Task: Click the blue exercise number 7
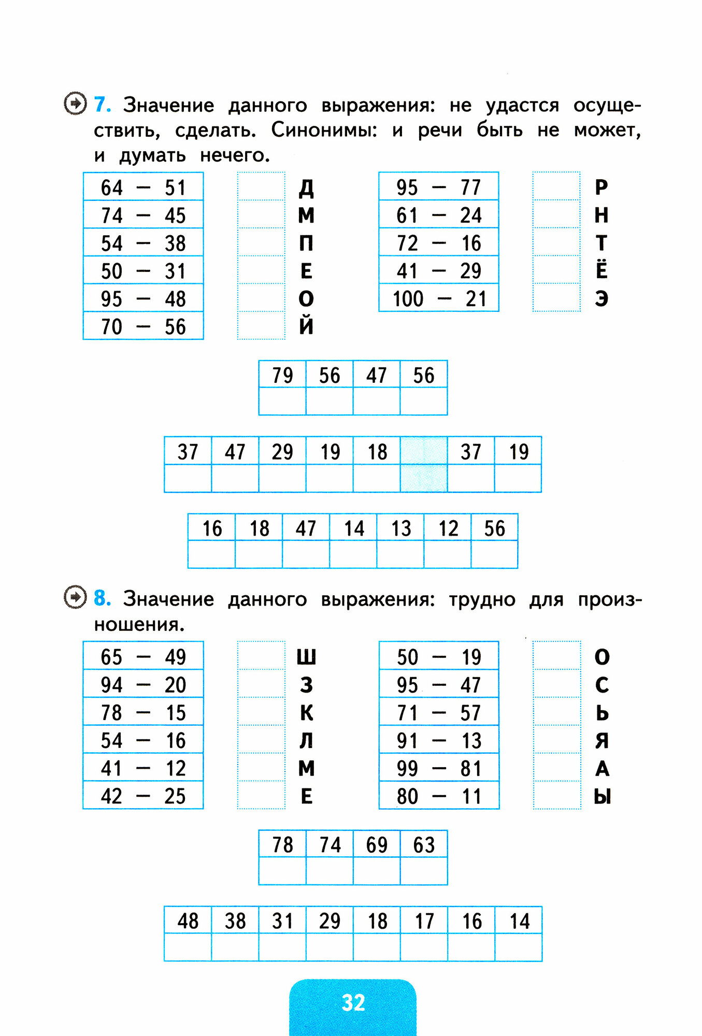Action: pyautogui.click(x=102, y=105)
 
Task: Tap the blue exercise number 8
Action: pyautogui.click(x=102, y=598)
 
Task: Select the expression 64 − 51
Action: pyautogui.click(x=143, y=188)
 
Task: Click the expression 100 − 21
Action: pyautogui.click(x=439, y=299)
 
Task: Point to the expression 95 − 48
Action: pyautogui.click(x=143, y=299)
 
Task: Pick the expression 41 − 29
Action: pyautogui.click(x=439, y=271)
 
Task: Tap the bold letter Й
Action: pyautogui.click(x=306, y=326)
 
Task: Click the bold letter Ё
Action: pyautogui.click(x=601, y=269)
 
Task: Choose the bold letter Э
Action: pyautogui.click(x=601, y=299)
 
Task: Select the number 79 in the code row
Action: pyautogui.click(x=282, y=375)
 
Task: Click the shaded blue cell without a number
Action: pyautogui.click(x=424, y=464)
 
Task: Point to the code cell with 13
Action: pyautogui.click(x=400, y=528)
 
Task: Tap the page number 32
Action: pyautogui.click(x=353, y=1003)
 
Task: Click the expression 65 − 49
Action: pyautogui.click(x=143, y=657)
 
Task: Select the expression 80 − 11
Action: pyautogui.click(x=439, y=796)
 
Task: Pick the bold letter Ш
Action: pyautogui.click(x=306, y=657)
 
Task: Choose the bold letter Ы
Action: pyautogui.click(x=602, y=796)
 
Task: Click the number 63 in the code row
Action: pyautogui.click(x=424, y=845)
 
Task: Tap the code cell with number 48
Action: pyautogui.click(x=188, y=921)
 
